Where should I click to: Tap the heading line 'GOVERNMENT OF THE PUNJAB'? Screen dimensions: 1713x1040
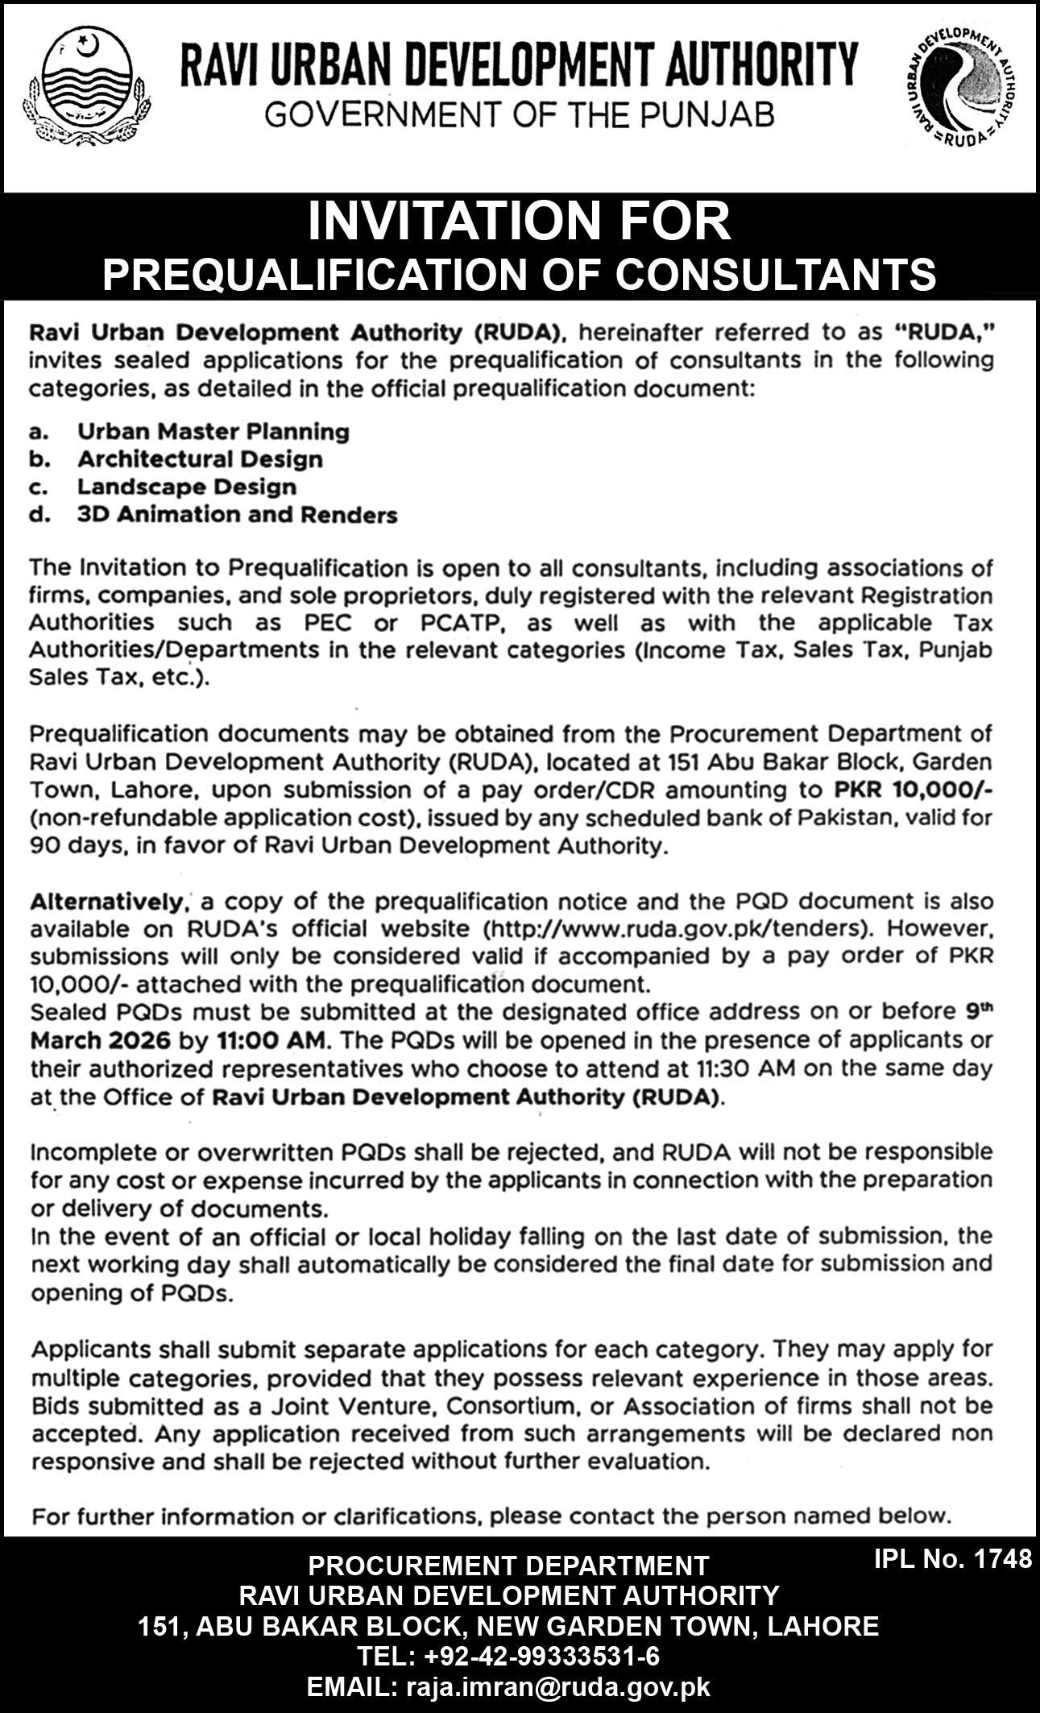pos(520,115)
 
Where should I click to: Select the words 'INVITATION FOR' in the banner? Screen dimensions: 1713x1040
pos(520,222)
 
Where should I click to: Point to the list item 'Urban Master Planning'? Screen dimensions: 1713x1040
pos(213,432)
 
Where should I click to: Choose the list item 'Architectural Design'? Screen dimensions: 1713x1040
pos(200,459)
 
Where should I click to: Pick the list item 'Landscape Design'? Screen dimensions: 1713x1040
pos(187,487)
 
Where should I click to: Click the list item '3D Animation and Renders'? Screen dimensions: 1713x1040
pos(237,514)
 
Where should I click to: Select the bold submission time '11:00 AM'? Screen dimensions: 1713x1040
pos(270,1039)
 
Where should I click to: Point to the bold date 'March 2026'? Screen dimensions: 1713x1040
pos(100,1039)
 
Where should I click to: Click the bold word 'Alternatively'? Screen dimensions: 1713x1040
pos(104,901)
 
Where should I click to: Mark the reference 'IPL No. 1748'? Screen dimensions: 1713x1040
pos(952,1558)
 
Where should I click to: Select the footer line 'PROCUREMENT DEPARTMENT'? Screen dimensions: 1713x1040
pos(508,1566)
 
